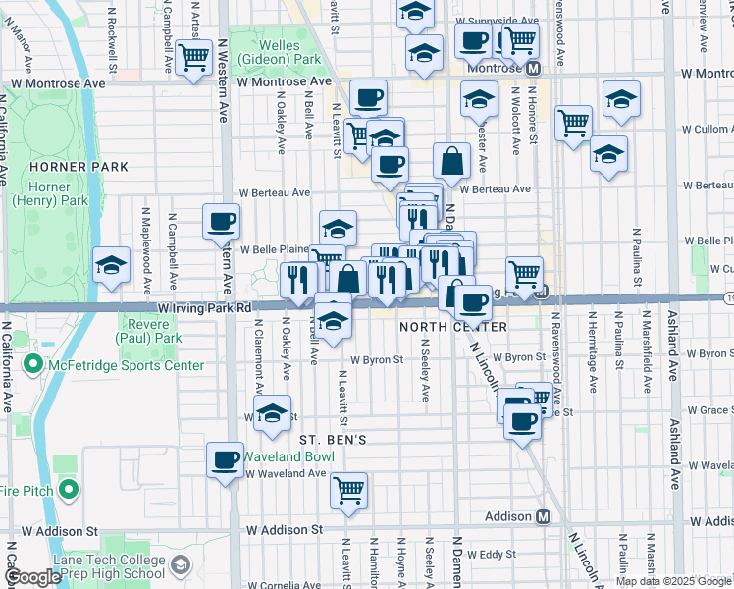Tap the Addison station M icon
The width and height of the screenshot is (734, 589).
[x=543, y=516]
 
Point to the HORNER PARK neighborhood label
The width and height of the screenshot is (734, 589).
[x=66, y=168]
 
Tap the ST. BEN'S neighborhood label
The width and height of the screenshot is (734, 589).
[x=333, y=440]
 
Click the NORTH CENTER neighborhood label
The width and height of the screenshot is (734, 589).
[x=453, y=326]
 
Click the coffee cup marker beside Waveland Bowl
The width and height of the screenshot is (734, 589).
[x=226, y=457]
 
